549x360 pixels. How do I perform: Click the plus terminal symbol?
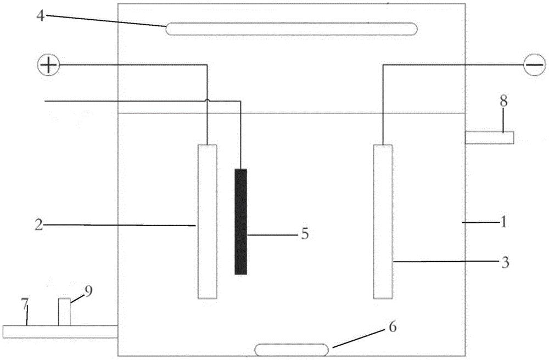(x=49, y=65)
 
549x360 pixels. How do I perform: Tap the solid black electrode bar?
(x=240, y=222)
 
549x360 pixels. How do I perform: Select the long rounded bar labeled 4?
(x=292, y=29)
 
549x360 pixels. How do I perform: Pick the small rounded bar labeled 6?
(x=292, y=350)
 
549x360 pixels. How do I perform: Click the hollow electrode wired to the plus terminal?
(x=208, y=222)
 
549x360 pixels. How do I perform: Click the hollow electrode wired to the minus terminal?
(x=383, y=222)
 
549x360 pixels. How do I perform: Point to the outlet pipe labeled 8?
(x=490, y=137)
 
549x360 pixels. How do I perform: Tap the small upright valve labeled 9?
(x=64, y=312)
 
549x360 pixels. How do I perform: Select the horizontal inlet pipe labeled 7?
(x=59, y=331)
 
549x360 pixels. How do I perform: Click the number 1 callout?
(x=503, y=222)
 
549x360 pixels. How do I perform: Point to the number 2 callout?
(x=39, y=224)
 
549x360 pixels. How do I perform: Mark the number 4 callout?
(x=41, y=16)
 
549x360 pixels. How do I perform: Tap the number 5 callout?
(x=305, y=234)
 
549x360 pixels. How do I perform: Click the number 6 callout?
(x=393, y=327)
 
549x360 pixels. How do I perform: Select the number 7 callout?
(x=25, y=306)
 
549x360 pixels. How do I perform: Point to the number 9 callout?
(x=88, y=291)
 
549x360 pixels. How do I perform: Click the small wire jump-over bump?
(x=208, y=101)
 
